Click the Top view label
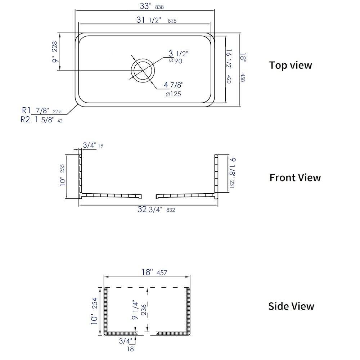pos(291,65)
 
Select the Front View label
pos(295,177)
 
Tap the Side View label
pos(291,306)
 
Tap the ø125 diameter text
pos(173,94)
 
